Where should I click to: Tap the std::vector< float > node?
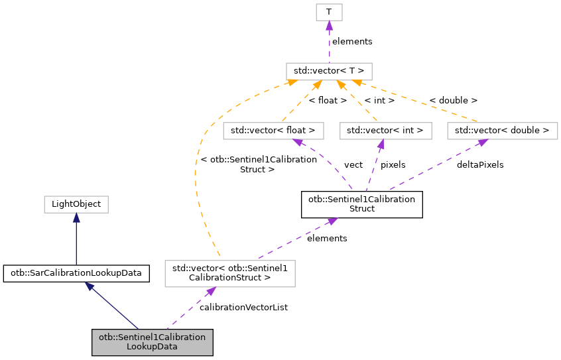tap(273, 131)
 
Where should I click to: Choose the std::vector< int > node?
tap(385, 131)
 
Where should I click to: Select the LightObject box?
tap(76, 204)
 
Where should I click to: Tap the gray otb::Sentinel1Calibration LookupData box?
tap(152, 341)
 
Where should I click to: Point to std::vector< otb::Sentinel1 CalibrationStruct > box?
tap(229, 272)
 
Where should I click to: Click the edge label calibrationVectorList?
tap(243, 307)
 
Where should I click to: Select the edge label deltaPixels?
tap(479, 164)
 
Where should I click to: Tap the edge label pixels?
tap(393, 164)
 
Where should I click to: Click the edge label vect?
tap(353, 164)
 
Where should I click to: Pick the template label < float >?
tap(328, 101)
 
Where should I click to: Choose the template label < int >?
tap(379, 101)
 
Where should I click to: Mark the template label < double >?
tap(453, 101)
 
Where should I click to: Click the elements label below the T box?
tap(352, 41)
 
